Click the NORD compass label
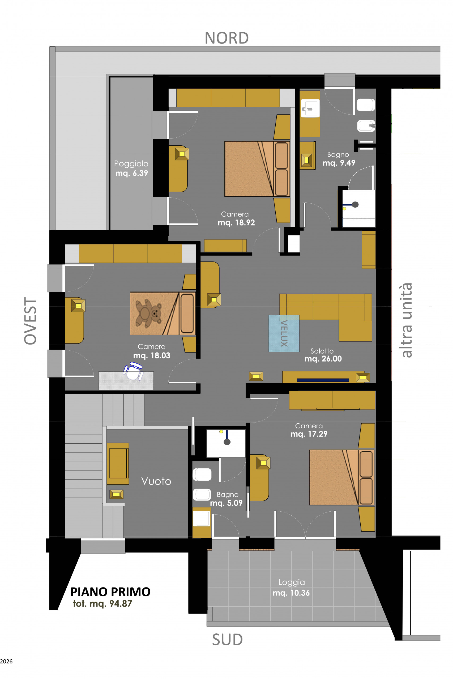(227, 38)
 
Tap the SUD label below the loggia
(227, 639)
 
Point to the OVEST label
(30, 321)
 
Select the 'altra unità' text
(407, 320)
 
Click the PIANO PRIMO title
(110, 591)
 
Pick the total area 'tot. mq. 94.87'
(102, 603)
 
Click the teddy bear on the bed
(149, 314)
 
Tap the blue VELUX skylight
(284, 333)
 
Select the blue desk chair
(133, 371)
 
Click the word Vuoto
(156, 481)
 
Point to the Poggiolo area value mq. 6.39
(132, 173)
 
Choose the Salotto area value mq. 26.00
(323, 359)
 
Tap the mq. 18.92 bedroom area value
(236, 223)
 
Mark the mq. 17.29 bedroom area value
(309, 434)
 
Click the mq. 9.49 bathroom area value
(339, 163)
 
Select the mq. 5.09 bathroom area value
(226, 503)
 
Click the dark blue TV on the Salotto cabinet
(323, 380)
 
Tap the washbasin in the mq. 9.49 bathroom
(310, 108)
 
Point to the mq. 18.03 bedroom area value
(152, 355)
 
